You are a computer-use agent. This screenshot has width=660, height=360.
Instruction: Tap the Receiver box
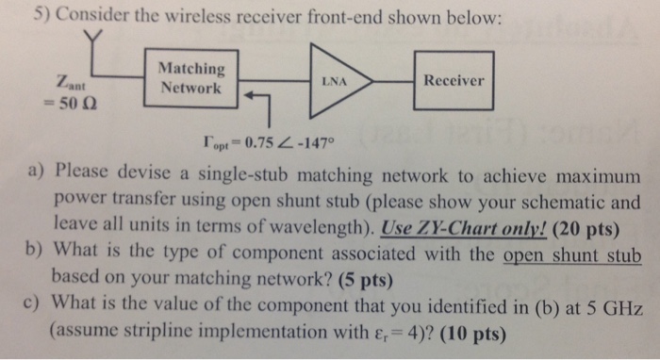tap(454, 81)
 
